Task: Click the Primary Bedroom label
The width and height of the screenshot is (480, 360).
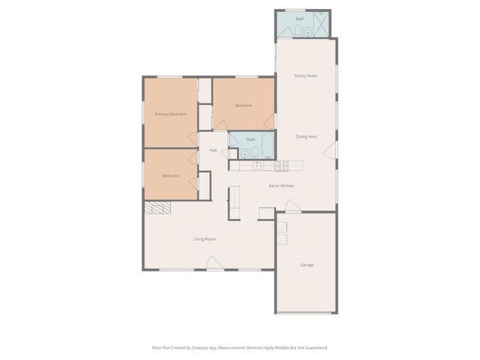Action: [170, 114]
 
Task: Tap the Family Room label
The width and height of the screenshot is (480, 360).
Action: [305, 76]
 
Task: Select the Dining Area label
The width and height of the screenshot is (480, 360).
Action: [305, 136]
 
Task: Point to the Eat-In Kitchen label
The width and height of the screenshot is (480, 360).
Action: [281, 185]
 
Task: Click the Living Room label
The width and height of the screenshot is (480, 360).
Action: [205, 239]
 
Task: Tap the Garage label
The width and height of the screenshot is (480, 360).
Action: [307, 265]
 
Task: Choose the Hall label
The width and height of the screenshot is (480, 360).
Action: [213, 151]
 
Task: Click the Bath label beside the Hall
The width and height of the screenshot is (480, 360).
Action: [251, 139]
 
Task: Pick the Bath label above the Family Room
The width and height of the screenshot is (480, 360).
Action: [300, 19]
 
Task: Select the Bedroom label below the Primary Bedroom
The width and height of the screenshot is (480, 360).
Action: [170, 175]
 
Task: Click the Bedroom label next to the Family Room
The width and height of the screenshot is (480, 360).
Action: [243, 106]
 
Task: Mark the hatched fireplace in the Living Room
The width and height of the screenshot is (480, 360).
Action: [157, 209]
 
